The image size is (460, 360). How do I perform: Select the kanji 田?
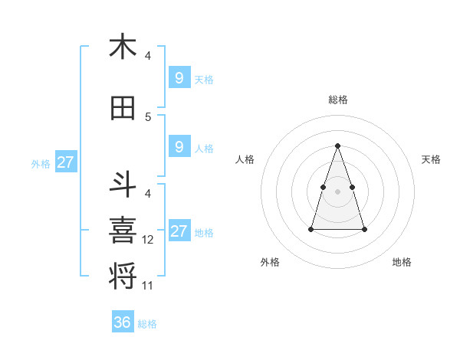click(x=123, y=108)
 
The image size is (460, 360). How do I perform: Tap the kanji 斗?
click(x=123, y=185)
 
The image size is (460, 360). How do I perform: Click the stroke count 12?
click(x=148, y=240)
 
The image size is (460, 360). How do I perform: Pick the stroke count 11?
click(x=148, y=286)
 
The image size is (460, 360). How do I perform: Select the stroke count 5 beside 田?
click(x=148, y=117)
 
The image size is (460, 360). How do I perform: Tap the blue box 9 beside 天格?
click(x=179, y=77)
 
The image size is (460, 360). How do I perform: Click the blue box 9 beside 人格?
click(x=179, y=147)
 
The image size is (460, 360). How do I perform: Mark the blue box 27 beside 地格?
click(x=179, y=231)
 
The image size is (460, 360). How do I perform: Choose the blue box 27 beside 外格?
click(x=65, y=162)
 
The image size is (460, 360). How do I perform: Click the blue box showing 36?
click(x=122, y=322)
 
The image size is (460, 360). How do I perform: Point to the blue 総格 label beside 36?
click(x=148, y=324)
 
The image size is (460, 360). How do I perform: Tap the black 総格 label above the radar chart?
click(x=338, y=100)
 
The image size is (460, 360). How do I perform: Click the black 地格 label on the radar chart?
click(x=402, y=262)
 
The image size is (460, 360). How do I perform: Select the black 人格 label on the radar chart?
click(x=245, y=159)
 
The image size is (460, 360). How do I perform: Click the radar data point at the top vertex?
click(x=338, y=146)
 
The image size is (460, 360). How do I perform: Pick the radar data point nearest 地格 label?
click(x=364, y=229)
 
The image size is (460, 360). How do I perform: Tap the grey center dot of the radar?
click(x=338, y=191)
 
